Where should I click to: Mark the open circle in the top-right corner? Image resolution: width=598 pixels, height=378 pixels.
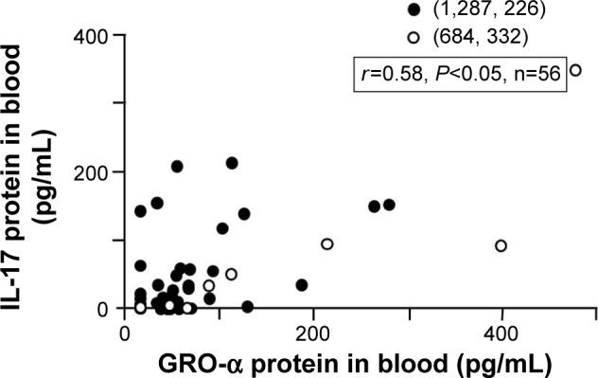click(x=575, y=71)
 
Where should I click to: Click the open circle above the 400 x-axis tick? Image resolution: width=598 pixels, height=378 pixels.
click(x=501, y=246)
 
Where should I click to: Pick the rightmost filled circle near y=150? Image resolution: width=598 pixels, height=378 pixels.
click(x=388, y=205)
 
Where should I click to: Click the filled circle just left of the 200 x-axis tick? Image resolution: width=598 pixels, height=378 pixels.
click(x=302, y=284)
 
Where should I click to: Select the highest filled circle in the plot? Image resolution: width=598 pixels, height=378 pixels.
click(x=232, y=163)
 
